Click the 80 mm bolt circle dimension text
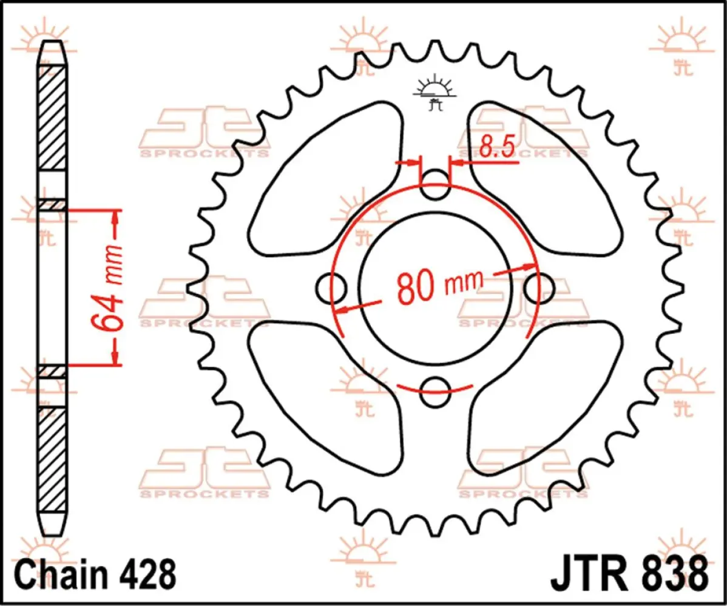pyautogui.click(x=440, y=285)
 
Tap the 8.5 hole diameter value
pyautogui.click(x=496, y=147)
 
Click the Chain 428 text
pyautogui.click(x=96, y=574)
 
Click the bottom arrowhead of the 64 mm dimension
pyautogui.click(x=115, y=358)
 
